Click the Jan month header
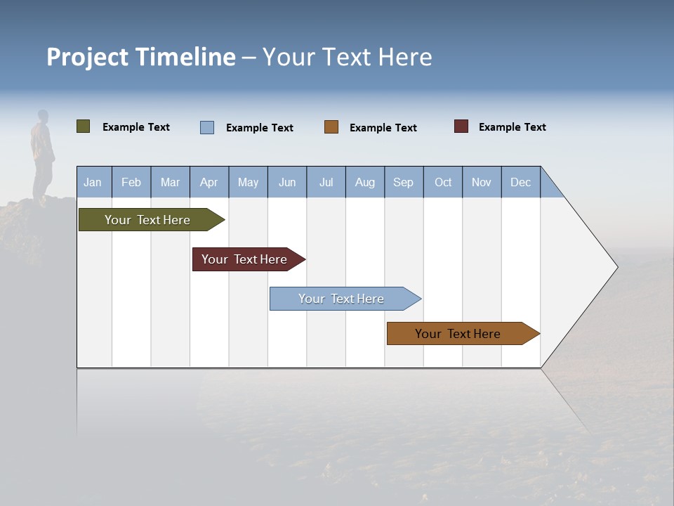(x=93, y=182)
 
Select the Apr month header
(x=209, y=182)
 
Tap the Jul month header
(x=326, y=182)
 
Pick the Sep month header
(x=403, y=182)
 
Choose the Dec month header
(x=520, y=182)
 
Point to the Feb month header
(x=131, y=182)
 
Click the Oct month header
(x=443, y=182)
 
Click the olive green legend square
(x=83, y=126)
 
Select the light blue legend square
(x=207, y=127)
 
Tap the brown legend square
(x=331, y=127)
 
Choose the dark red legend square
(x=461, y=126)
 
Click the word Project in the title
(x=88, y=57)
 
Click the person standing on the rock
(x=43, y=155)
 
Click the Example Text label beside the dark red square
(x=512, y=127)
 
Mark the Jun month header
(x=287, y=182)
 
